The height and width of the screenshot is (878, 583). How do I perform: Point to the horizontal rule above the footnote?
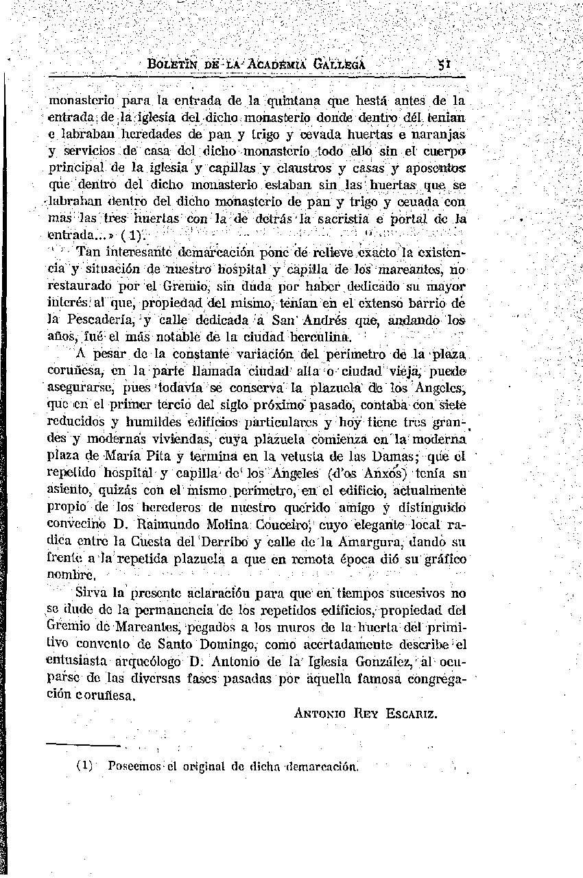(83, 745)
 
